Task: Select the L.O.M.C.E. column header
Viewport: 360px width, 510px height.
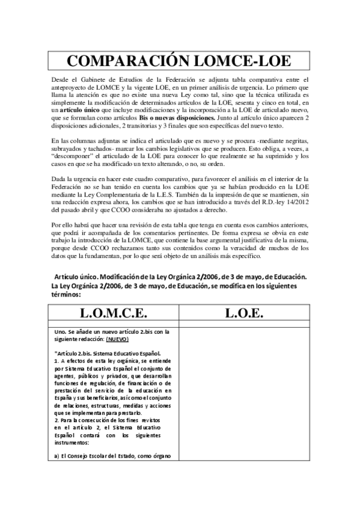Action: tap(114, 313)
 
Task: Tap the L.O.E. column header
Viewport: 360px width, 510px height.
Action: tap(243, 313)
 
